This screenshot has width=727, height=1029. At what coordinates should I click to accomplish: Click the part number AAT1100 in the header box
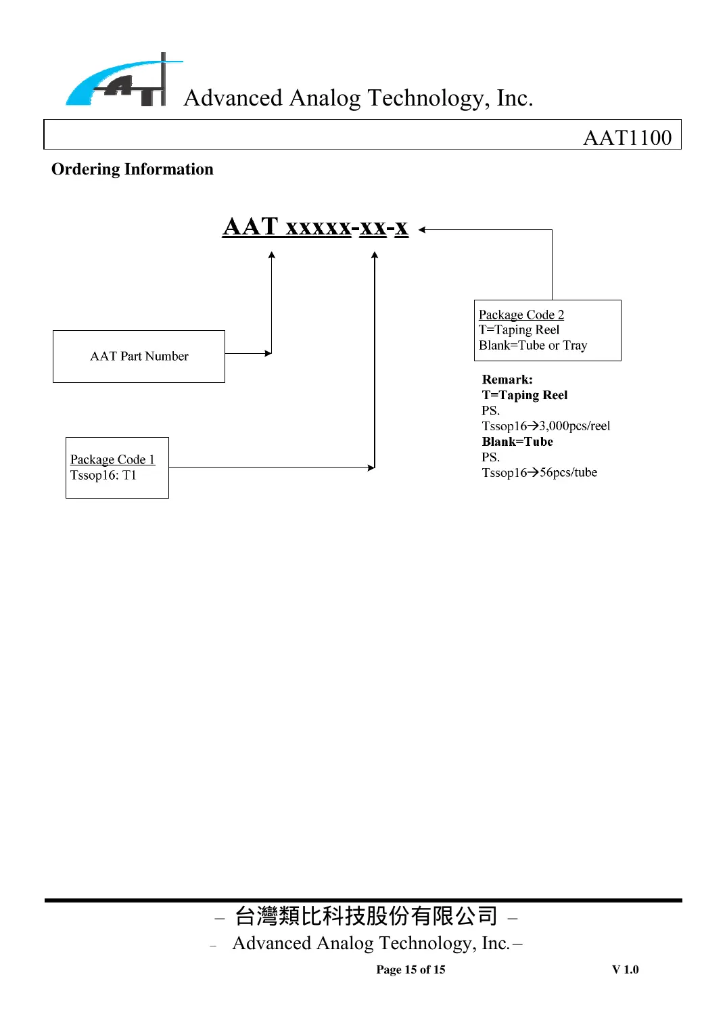[627, 137]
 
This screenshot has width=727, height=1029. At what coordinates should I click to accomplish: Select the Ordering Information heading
[133, 169]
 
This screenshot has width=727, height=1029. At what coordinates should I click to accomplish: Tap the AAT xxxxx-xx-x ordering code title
[315, 227]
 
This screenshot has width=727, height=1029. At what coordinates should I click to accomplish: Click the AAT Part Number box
[139, 356]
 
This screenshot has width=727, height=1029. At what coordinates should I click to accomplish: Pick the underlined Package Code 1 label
[112, 459]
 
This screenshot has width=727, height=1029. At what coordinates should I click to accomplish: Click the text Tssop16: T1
[103, 475]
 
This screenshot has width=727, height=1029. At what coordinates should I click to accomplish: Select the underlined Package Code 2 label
[521, 315]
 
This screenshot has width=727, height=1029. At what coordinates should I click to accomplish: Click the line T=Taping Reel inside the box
[519, 329]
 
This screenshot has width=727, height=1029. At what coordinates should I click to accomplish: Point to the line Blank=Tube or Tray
[533, 345]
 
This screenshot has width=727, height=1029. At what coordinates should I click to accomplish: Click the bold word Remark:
[507, 380]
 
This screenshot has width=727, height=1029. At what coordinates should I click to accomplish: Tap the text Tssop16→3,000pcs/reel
[546, 426]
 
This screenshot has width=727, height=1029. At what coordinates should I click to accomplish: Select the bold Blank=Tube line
[517, 441]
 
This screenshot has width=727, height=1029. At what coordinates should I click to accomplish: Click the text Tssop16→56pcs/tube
[539, 472]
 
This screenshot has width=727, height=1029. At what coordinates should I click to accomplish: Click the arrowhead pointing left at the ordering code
[422, 230]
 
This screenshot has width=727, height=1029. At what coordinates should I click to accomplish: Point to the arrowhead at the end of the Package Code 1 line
[371, 467]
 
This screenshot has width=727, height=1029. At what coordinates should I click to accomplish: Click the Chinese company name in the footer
[366, 916]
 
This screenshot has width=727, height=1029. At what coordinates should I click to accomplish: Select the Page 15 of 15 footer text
[411, 969]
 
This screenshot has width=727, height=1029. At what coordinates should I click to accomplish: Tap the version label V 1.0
[625, 969]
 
